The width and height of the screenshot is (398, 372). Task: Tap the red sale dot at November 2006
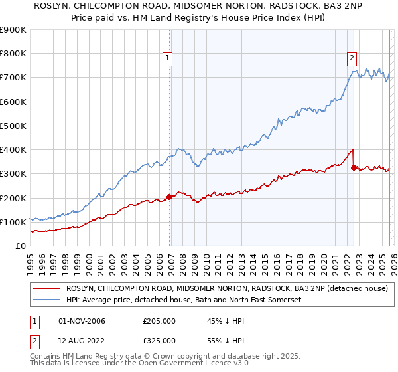pos(169,197)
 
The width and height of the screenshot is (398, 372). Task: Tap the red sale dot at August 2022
pos(354,167)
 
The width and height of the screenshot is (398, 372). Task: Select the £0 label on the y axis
pos(20,246)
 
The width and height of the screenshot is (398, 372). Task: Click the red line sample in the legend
pos(46,288)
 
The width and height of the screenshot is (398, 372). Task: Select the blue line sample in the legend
pos(46,300)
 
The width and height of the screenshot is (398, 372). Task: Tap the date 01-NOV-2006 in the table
pos(82,321)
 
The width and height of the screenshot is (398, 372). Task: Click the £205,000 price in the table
pos(159,321)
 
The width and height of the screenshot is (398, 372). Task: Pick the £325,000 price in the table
pos(159,340)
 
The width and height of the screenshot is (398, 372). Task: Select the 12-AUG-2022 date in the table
pos(82,340)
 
